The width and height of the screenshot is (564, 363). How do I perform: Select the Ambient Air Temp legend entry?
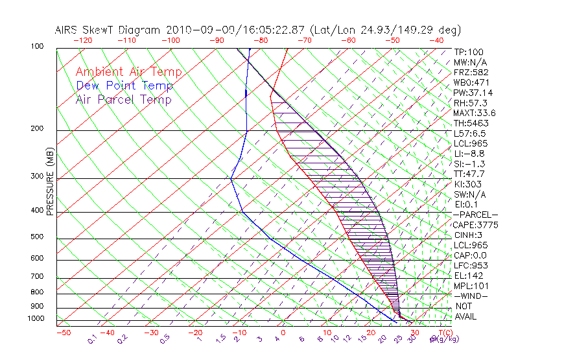(128, 72)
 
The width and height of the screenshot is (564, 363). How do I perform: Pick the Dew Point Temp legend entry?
(124, 86)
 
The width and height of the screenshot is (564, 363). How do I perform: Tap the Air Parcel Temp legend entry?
(123, 99)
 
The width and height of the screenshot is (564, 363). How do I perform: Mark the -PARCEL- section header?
(475, 215)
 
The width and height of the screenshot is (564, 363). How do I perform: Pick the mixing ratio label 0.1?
(92, 339)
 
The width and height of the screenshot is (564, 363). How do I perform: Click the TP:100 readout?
(469, 52)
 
